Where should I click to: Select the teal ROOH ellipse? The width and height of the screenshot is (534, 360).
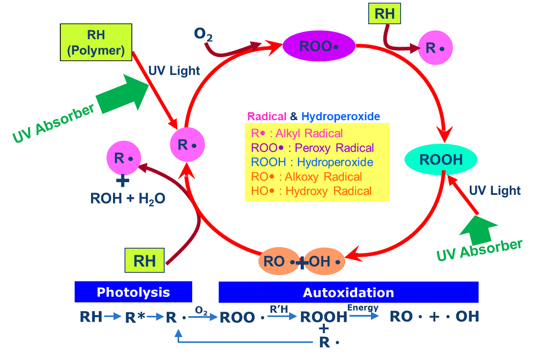click(x=441, y=160)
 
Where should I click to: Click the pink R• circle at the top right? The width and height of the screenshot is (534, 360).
click(x=436, y=48)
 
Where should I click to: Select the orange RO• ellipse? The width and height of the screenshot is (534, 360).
click(x=279, y=262)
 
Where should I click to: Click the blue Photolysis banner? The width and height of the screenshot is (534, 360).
click(x=133, y=292)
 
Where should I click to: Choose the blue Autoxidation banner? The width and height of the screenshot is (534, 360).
click(x=348, y=292)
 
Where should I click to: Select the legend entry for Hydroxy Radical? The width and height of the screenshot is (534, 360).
click(x=311, y=191)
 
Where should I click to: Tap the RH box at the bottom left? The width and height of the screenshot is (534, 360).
click(x=145, y=261)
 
